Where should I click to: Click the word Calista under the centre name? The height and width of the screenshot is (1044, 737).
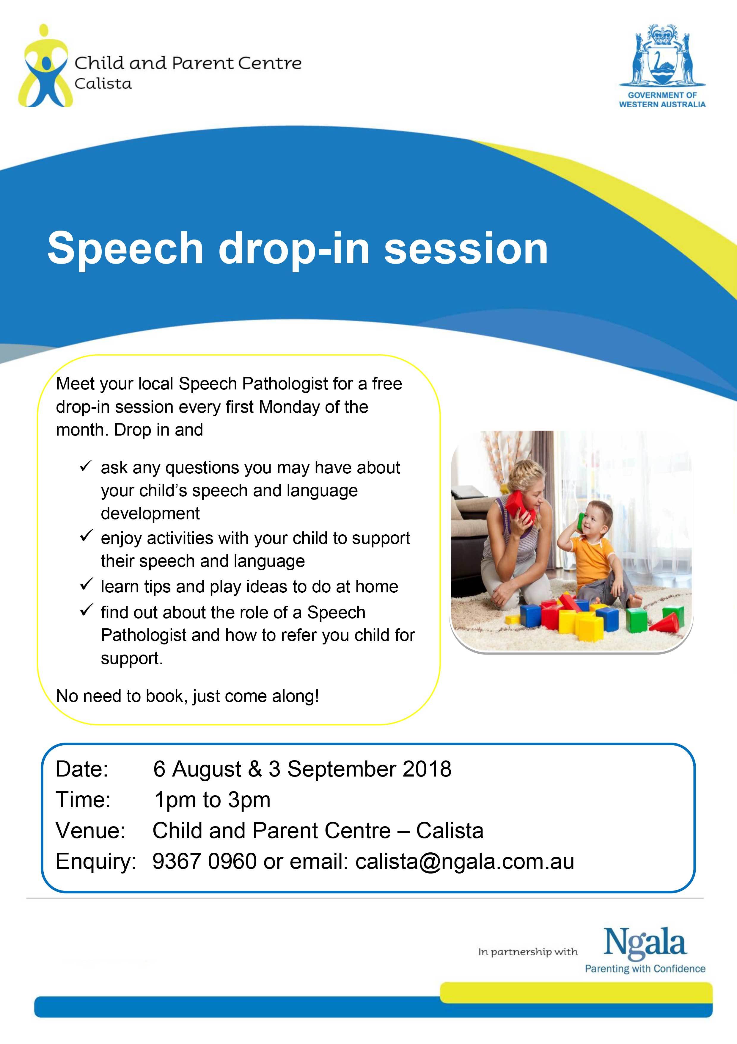tap(103, 84)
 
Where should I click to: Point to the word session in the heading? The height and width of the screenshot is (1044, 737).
tap(466, 248)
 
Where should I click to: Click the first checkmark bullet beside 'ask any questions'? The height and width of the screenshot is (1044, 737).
tap(86, 466)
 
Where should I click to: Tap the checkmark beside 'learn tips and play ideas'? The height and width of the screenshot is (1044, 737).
tap(86, 584)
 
